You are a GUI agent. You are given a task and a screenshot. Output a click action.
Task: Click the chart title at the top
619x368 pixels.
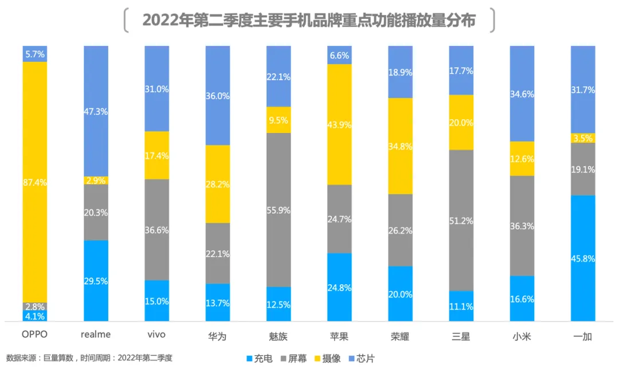[309, 21]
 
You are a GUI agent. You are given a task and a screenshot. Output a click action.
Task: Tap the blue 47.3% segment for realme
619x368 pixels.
[96, 111]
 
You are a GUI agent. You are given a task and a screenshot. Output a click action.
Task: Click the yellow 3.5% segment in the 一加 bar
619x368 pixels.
[583, 138]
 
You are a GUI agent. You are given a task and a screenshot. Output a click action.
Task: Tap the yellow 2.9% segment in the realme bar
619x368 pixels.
[96, 180]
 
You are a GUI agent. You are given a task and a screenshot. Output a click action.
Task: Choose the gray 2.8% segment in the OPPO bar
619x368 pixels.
[35, 307]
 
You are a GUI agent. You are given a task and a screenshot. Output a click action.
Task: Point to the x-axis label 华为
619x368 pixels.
[218, 336]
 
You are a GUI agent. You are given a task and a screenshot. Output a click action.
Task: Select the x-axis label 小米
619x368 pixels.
[522, 336]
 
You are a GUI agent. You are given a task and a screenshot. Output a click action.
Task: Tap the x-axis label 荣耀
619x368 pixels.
[400, 336]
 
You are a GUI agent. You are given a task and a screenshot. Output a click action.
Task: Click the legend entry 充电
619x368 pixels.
[261, 358]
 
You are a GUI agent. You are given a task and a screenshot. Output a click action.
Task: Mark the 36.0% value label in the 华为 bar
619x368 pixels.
[218, 96]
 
